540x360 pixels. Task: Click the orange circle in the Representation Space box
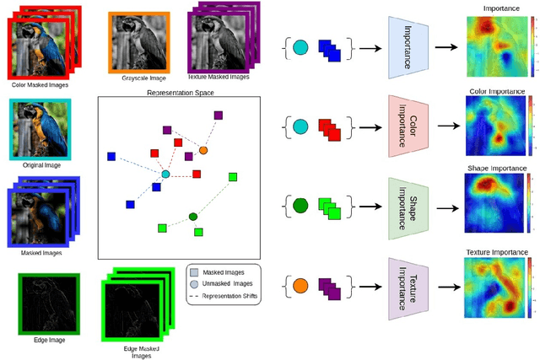tap(202, 150)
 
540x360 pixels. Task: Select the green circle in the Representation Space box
tap(193, 217)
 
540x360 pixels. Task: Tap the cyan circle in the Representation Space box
tap(165, 174)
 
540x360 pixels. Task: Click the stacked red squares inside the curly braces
tap(329, 129)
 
